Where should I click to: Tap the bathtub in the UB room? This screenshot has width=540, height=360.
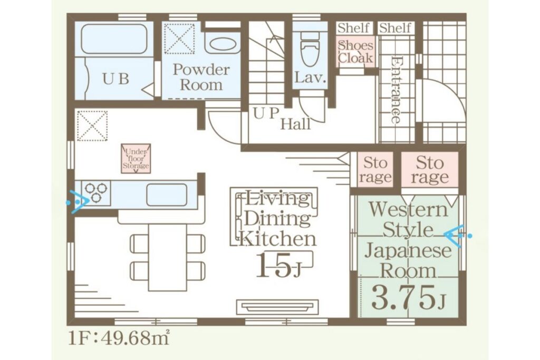coord(114,39)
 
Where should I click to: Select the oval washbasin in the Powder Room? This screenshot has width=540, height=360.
coord(223,44)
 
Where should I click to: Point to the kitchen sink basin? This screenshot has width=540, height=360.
coord(167,195)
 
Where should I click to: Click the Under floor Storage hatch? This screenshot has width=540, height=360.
coord(136,158)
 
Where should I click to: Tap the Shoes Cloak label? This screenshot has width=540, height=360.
coord(355,52)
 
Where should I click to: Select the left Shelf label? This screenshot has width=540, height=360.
coord(353,28)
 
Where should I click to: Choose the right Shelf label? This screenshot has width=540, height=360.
coord(395,28)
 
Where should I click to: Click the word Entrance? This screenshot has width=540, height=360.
coord(396,90)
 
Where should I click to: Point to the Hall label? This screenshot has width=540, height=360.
coord(295,124)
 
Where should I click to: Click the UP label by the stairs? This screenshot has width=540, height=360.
coord(266,113)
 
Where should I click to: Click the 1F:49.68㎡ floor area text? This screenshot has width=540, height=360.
coord(119,338)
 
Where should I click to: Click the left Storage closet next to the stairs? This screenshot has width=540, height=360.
coord(375,170)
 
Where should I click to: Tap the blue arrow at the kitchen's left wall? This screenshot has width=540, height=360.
coord(79,201)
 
